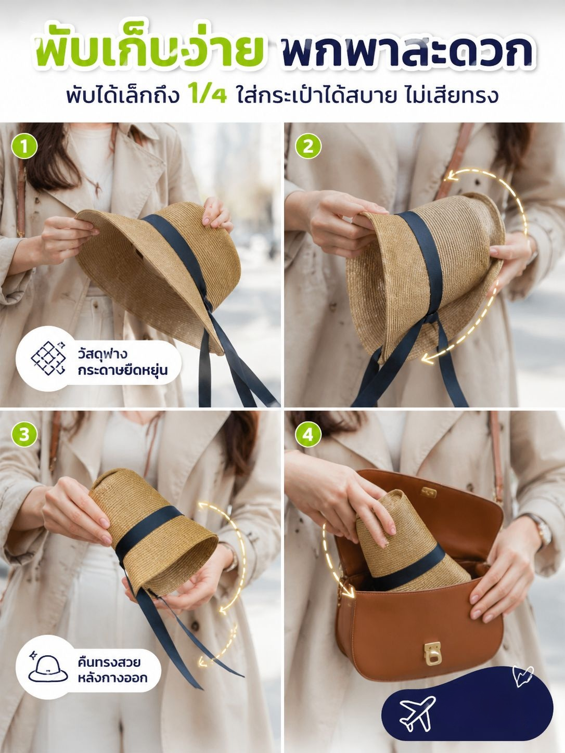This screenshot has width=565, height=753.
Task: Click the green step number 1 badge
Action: tap(24, 147)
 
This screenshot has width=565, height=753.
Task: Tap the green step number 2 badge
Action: tap(307, 147)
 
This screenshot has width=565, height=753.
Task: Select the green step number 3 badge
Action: tap(24, 435)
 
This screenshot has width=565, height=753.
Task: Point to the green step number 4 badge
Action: tap(307, 435)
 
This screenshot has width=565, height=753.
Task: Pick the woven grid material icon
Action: tap(48, 358)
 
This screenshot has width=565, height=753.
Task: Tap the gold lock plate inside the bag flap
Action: tap(429, 492)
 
